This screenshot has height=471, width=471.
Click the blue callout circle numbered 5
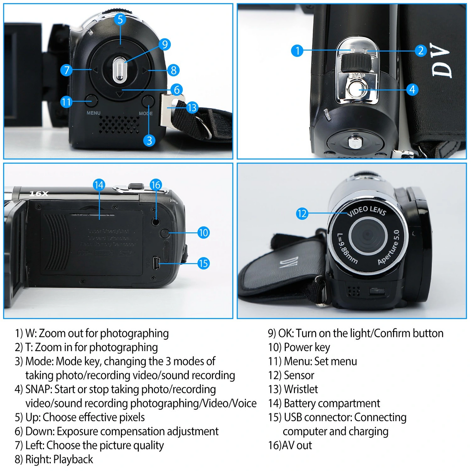(120, 19)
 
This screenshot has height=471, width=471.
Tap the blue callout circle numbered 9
(165, 44)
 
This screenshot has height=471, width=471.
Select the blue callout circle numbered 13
(192, 107)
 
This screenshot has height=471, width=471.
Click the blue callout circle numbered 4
(412, 89)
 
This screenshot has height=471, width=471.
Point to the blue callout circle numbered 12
(302, 213)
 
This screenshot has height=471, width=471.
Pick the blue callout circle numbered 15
(203, 263)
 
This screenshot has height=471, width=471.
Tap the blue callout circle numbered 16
(156, 185)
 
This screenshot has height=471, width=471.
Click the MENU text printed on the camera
(94, 113)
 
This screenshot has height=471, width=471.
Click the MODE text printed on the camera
(146, 113)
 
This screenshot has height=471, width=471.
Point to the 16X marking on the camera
(39, 194)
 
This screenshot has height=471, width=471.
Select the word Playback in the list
(73, 459)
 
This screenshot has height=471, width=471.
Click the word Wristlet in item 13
(301, 389)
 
